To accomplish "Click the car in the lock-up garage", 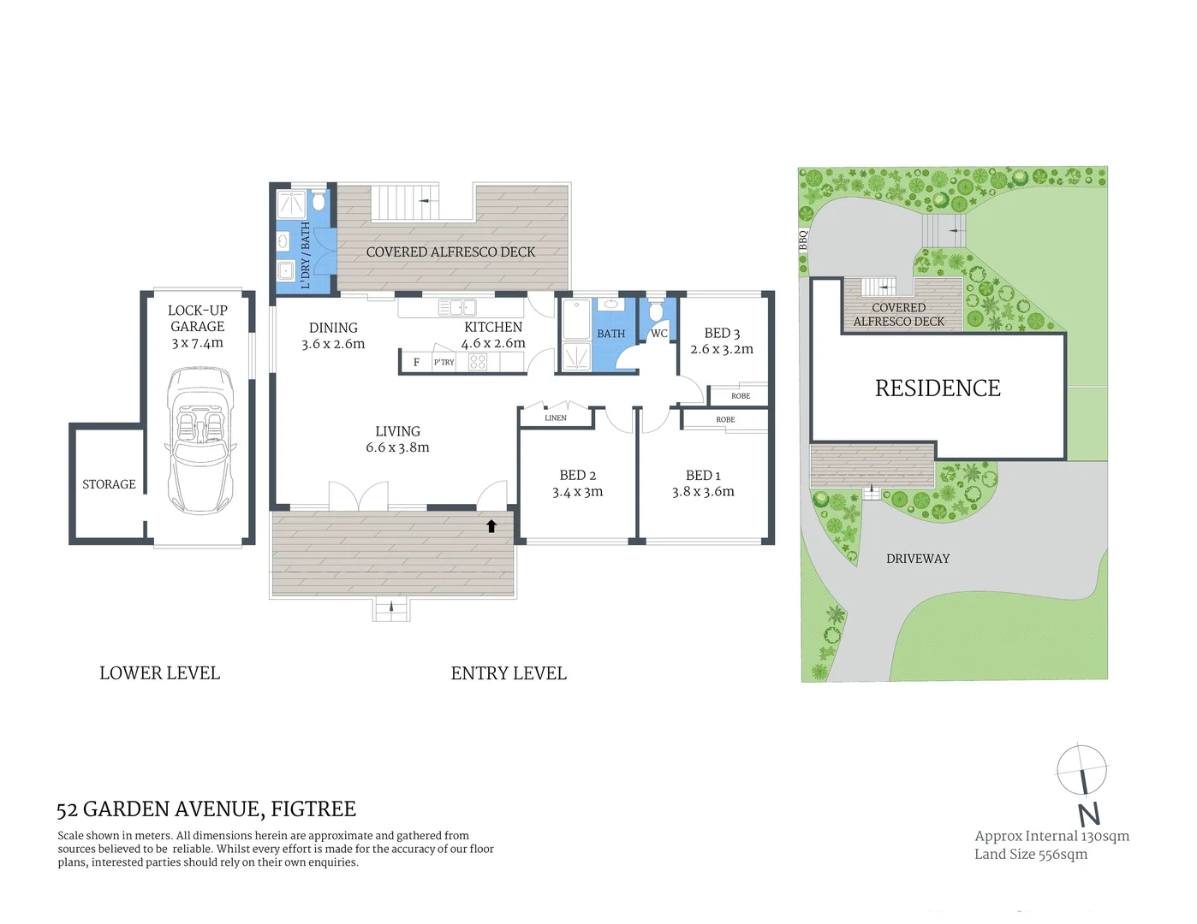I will (x=200, y=440).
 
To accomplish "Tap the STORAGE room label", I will (x=109, y=484).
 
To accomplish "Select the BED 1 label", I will (x=703, y=475).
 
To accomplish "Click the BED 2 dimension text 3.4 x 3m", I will (x=577, y=492).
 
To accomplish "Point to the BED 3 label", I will (x=722, y=333).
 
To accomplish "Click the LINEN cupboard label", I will (x=556, y=418).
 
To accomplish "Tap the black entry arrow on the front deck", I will (x=491, y=526).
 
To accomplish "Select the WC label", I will (x=658, y=334).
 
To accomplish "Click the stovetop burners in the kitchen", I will (x=477, y=363).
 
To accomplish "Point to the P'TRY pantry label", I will (x=444, y=363).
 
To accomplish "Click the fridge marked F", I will (x=416, y=363).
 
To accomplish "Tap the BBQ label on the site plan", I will (x=803, y=240).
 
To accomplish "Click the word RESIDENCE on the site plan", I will (x=938, y=388).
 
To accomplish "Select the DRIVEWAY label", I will (x=918, y=559).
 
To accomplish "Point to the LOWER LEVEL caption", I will (x=159, y=673).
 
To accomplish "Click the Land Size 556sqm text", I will (x=1031, y=854).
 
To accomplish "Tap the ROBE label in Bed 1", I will (x=725, y=420).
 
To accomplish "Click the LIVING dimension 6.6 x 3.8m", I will (x=397, y=447).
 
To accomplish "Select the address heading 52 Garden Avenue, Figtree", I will (x=205, y=809).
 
